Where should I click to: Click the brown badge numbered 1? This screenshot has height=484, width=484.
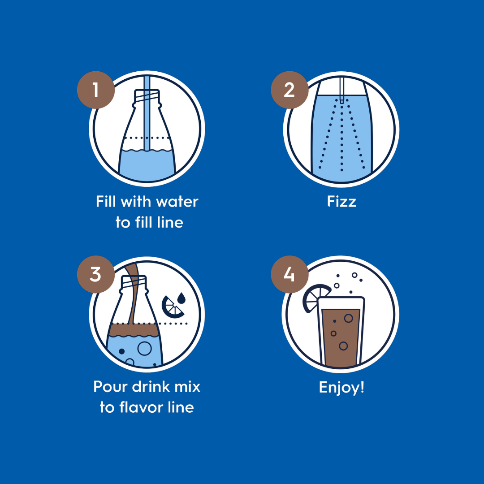click(96, 90)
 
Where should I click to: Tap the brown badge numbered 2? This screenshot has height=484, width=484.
click(290, 90)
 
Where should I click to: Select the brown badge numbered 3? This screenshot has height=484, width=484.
click(96, 274)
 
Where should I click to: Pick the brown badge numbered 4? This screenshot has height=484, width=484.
click(290, 274)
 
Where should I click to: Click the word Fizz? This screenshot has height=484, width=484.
click(341, 202)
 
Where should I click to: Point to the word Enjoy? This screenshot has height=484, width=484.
click(341, 388)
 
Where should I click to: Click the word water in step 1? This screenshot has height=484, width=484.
click(177, 202)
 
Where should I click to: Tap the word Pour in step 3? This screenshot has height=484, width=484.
click(110, 387)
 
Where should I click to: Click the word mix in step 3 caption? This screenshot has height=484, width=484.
click(188, 387)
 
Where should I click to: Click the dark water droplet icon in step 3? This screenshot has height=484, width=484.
click(181, 298)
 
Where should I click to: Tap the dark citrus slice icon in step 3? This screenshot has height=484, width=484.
click(172, 307)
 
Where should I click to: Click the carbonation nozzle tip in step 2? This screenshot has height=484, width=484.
click(341, 101)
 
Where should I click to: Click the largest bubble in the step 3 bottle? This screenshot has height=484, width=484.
click(144, 349)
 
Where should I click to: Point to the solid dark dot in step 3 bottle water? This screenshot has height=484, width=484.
click(121, 351)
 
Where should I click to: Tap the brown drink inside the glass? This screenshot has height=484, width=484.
click(341, 338)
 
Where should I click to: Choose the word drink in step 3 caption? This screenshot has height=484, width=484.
click(151, 387)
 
